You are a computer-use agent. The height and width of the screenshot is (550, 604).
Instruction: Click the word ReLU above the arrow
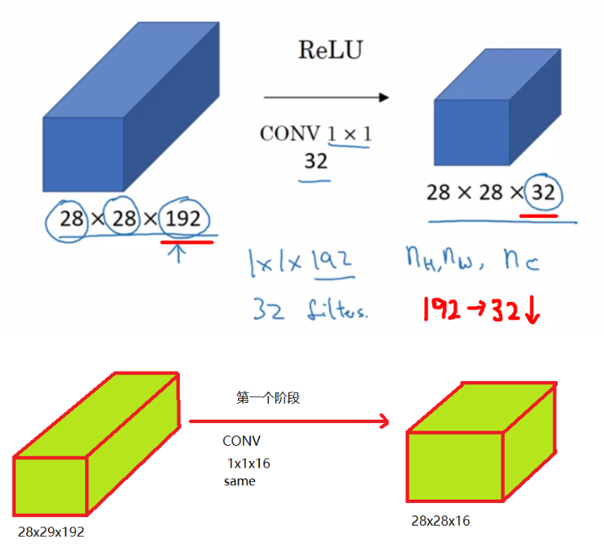(x=331, y=50)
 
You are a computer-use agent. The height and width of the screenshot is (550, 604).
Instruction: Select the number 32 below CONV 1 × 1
(x=315, y=159)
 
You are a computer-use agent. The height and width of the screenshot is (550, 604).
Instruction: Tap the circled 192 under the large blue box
(x=183, y=219)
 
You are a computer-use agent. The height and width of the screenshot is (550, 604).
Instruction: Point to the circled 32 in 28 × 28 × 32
(x=543, y=193)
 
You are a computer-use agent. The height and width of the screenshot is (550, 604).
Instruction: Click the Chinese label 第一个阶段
(x=268, y=399)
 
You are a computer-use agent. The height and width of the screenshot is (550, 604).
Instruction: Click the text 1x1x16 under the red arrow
(x=248, y=463)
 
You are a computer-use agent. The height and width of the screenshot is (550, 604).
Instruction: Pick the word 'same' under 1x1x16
(x=240, y=482)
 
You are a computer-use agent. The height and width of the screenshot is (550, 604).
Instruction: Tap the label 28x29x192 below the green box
(x=51, y=531)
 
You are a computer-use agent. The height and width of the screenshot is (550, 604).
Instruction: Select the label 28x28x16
(x=441, y=521)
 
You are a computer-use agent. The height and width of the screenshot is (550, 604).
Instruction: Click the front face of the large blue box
(x=83, y=154)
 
